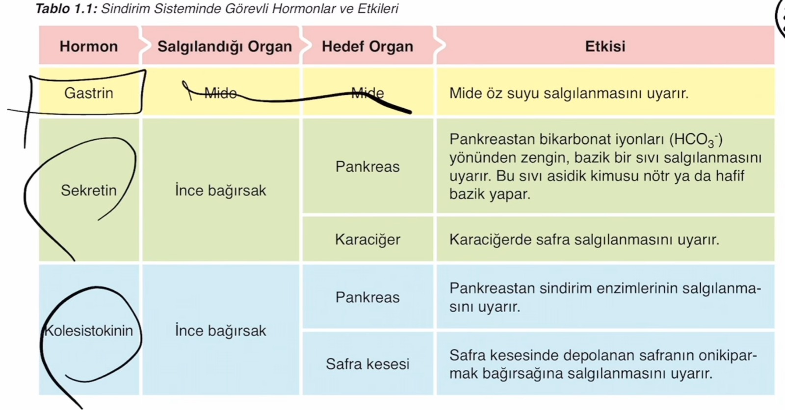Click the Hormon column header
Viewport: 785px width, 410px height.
pyautogui.click(x=89, y=46)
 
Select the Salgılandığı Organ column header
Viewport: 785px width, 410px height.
pyautogui.click(x=225, y=47)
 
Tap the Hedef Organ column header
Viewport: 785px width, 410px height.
pyautogui.click(x=367, y=47)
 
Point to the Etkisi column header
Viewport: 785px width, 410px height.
pyautogui.click(x=605, y=46)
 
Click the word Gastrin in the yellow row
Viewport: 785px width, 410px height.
pyautogui.click(x=89, y=93)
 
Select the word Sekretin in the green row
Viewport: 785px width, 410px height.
pyautogui.click(x=89, y=191)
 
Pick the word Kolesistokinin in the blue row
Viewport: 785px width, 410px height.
pyautogui.click(x=89, y=331)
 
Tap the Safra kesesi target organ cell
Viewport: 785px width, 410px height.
pyautogui.click(x=367, y=364)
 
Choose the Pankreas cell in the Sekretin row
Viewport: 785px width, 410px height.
pyautogui.click(x=367, y=167)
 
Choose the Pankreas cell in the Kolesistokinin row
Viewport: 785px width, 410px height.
pyautogui.click(x=367, y=297)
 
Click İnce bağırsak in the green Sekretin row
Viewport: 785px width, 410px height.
pyautogui.click(x=220, y=191)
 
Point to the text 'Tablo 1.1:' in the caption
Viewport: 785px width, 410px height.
pyautogui.click(x=66, y=8)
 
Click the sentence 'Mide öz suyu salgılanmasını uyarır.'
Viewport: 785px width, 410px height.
pyautogui.click(x=569, y=94)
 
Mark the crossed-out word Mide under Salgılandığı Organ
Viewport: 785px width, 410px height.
pyautogui.click(x=220, y=93)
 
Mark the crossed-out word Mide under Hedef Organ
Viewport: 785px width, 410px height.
pyautogui.click(x=367, y=93)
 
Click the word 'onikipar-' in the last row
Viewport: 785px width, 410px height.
pyautogui.click(x=728, y=356)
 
